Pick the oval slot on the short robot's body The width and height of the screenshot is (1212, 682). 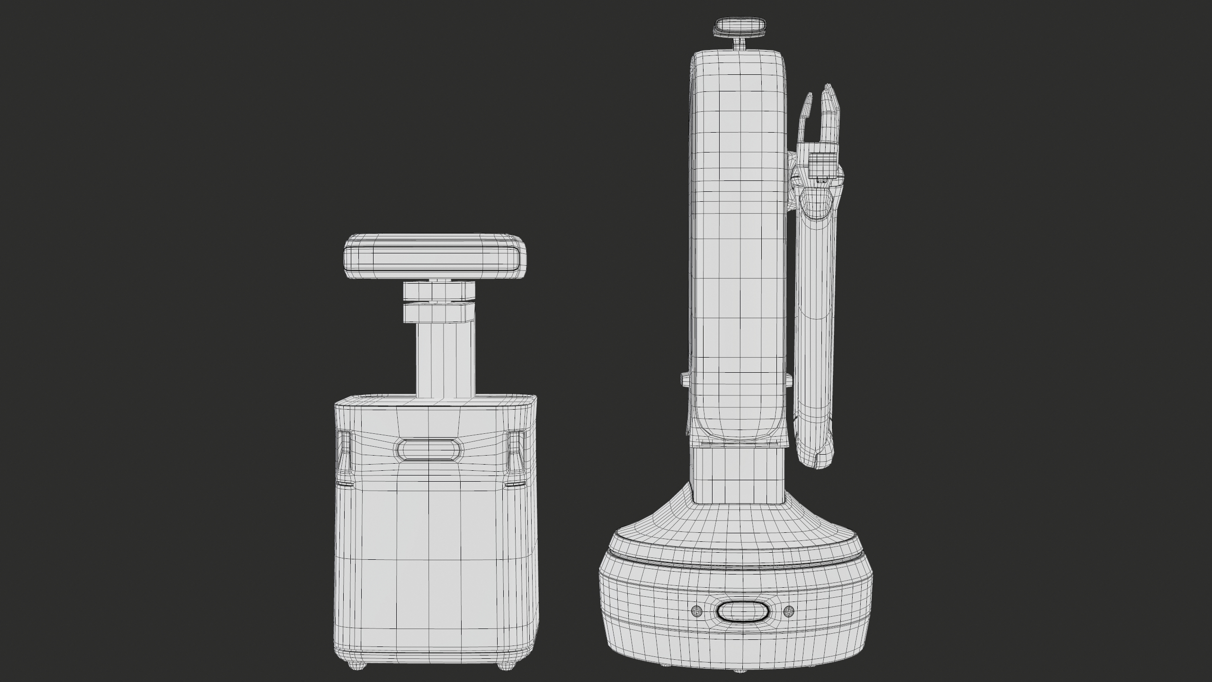click(429, 449)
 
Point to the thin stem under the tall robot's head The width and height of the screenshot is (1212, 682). click(740, 43)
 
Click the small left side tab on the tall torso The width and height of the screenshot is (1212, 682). click(685, 378)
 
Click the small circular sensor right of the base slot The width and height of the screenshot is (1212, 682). click(788, 611)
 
